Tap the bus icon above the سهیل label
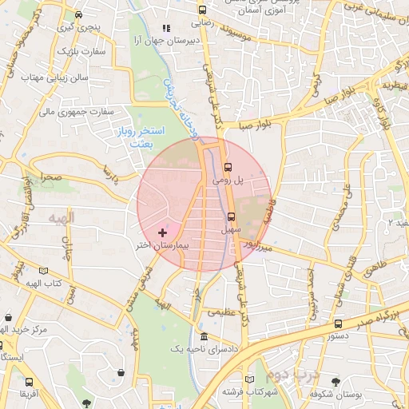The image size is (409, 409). pos(232,216)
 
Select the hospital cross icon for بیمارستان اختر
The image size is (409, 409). pos(163,232)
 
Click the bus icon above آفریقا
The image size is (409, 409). pos(29,383)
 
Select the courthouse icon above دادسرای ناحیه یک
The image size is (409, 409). pos(204,336)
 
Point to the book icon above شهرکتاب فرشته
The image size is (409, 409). pos(250,379)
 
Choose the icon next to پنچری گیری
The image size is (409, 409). pos(77,14)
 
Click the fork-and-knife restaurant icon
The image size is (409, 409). pos(165,28)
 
